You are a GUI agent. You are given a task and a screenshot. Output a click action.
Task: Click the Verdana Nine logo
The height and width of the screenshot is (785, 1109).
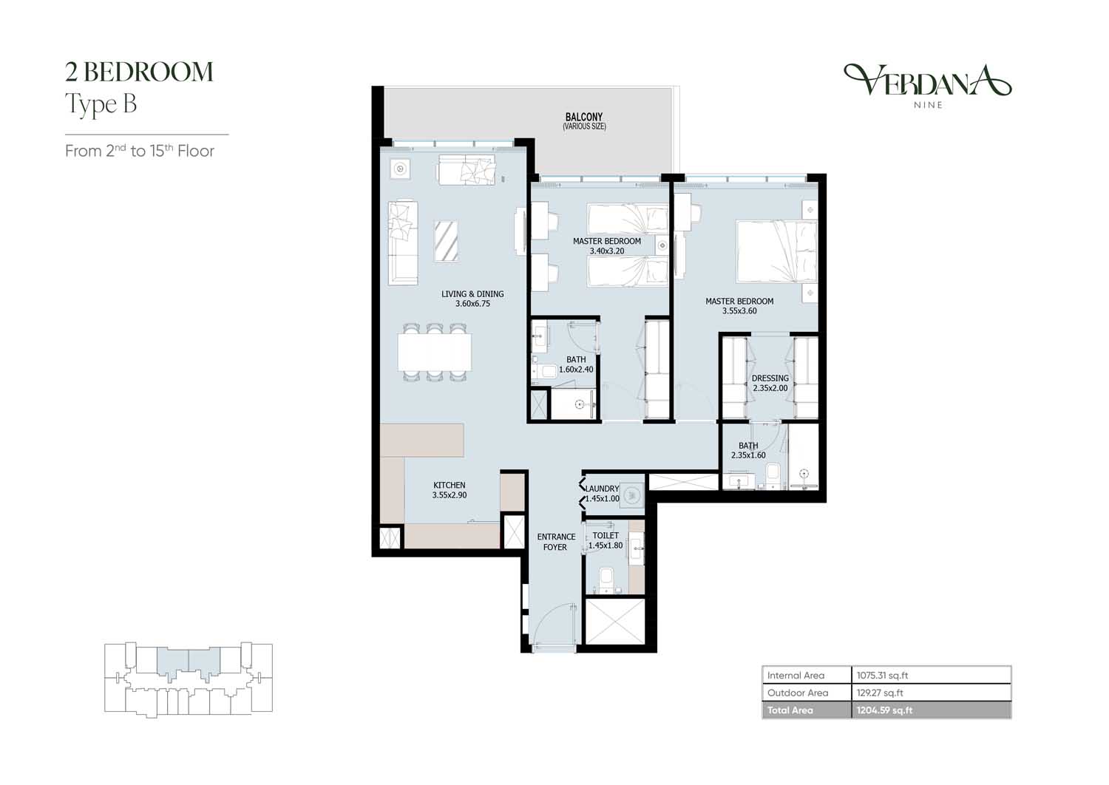pos(927,86)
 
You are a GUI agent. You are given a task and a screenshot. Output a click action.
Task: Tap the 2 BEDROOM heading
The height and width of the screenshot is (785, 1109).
pos(139,72)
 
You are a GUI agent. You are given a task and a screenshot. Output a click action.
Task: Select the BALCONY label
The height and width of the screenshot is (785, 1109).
pos(584,117)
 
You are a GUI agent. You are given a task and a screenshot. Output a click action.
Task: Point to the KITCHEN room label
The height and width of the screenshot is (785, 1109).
pos(449,485)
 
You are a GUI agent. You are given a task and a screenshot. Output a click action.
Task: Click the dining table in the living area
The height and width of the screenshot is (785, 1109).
pos(434,352)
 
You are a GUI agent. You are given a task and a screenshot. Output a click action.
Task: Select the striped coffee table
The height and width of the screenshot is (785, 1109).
pos(446,240)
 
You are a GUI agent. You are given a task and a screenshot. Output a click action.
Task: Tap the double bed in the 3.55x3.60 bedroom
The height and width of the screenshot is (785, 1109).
pos(776,252)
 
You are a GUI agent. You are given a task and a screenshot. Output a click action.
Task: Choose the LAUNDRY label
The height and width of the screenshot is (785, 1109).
pos(602,489)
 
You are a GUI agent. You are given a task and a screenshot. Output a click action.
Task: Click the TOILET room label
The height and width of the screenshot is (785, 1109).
pos(606,536)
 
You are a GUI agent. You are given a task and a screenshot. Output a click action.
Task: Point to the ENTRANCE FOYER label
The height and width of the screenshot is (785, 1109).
pos(556,542)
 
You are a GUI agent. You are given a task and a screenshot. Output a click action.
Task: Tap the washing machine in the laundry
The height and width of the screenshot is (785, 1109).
pos(631,495)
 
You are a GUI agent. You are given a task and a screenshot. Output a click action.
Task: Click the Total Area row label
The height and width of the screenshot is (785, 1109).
pos(790,710)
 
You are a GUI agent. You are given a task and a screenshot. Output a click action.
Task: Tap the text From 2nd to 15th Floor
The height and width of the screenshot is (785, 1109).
pos(140,151)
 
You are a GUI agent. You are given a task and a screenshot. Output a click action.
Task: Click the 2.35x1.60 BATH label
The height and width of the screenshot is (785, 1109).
pos(748,450)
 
